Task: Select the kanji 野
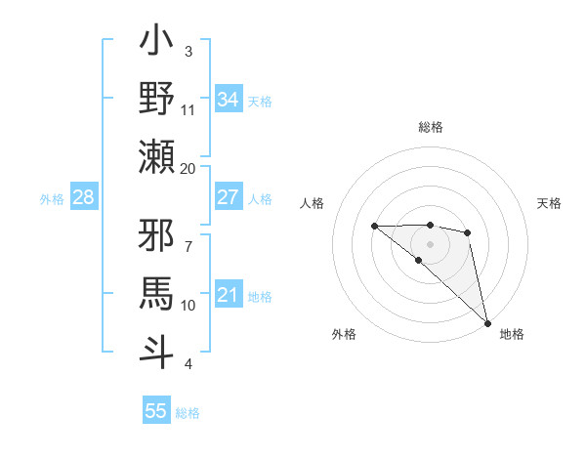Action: (x=157, y=99)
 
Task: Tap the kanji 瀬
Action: (x=157, y=156)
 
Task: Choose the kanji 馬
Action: (x=157, y=292)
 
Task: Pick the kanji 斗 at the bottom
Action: (x=157, y=350)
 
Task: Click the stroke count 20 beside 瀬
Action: (x=188, y=168)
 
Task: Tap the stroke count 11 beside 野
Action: (x=188, y=109)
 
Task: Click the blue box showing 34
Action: (x=229, y=100)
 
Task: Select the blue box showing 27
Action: (x=229, y=197)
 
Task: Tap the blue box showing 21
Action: (x=229, y=295)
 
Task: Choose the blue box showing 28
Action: (x=84, y=198)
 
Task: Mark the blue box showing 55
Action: (x=156, y=411)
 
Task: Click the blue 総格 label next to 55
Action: (x=188, y=413)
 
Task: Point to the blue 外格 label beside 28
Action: (x=52, y=199)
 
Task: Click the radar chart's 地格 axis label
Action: (x=512, y=334)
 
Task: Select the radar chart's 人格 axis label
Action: (x=313, y=203)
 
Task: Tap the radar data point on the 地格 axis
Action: (x=486, y=322)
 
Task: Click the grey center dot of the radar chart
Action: (x=430, y=242)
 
